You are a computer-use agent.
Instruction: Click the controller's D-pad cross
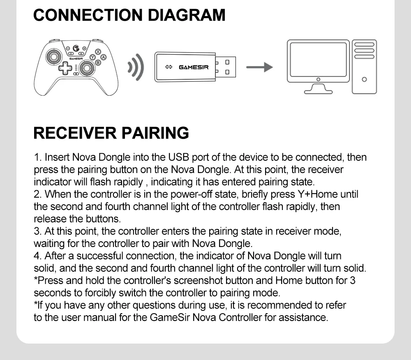[65, 69]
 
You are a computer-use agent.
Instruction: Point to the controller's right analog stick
[87, 70]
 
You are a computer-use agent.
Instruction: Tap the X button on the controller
[98, 52]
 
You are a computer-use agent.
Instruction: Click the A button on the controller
[104, 57]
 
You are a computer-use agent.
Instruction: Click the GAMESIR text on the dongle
[194, 67]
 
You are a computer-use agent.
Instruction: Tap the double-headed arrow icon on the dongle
[168, 67]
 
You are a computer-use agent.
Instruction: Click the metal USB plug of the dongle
[226, 67]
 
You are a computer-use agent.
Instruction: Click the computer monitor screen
[317, 58]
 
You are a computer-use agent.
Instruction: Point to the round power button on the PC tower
[364, 79]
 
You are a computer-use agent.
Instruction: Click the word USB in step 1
[177, 157]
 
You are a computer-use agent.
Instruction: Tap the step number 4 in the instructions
[37, 256]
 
